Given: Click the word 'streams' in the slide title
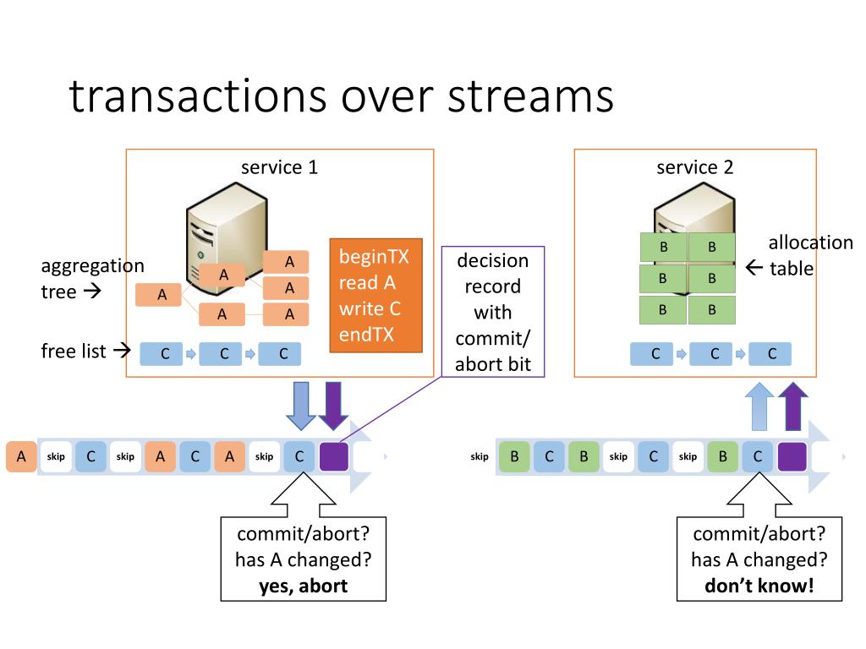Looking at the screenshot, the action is coord(530,96).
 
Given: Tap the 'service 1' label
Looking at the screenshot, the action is coord(279,166).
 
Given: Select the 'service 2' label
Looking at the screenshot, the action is coord(695,166).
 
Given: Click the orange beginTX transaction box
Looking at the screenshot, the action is coord(376,295).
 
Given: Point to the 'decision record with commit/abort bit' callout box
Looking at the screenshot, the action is coord(493,312).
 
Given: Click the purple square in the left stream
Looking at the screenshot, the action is coord(334,456).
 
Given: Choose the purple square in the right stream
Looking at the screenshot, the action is coord(792,456).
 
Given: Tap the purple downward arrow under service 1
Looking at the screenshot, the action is coord(333,406).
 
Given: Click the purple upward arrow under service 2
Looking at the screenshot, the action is coord(793,406).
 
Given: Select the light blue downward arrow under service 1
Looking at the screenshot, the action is coord(301,406).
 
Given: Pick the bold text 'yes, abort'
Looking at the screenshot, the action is coord(304,586).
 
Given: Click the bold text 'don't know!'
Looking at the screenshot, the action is coord(759,586).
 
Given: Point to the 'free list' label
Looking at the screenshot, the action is coord(74,351).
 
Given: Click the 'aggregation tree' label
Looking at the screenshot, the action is coord(92,279).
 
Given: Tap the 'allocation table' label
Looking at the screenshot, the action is coord(810,255).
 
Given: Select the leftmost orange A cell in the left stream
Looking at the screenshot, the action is coord(21,456).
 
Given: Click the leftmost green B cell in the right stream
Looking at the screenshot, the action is coord(514,456).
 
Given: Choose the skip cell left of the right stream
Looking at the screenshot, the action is coord(480,456).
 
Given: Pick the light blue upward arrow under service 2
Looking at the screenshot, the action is coord(759,406).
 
